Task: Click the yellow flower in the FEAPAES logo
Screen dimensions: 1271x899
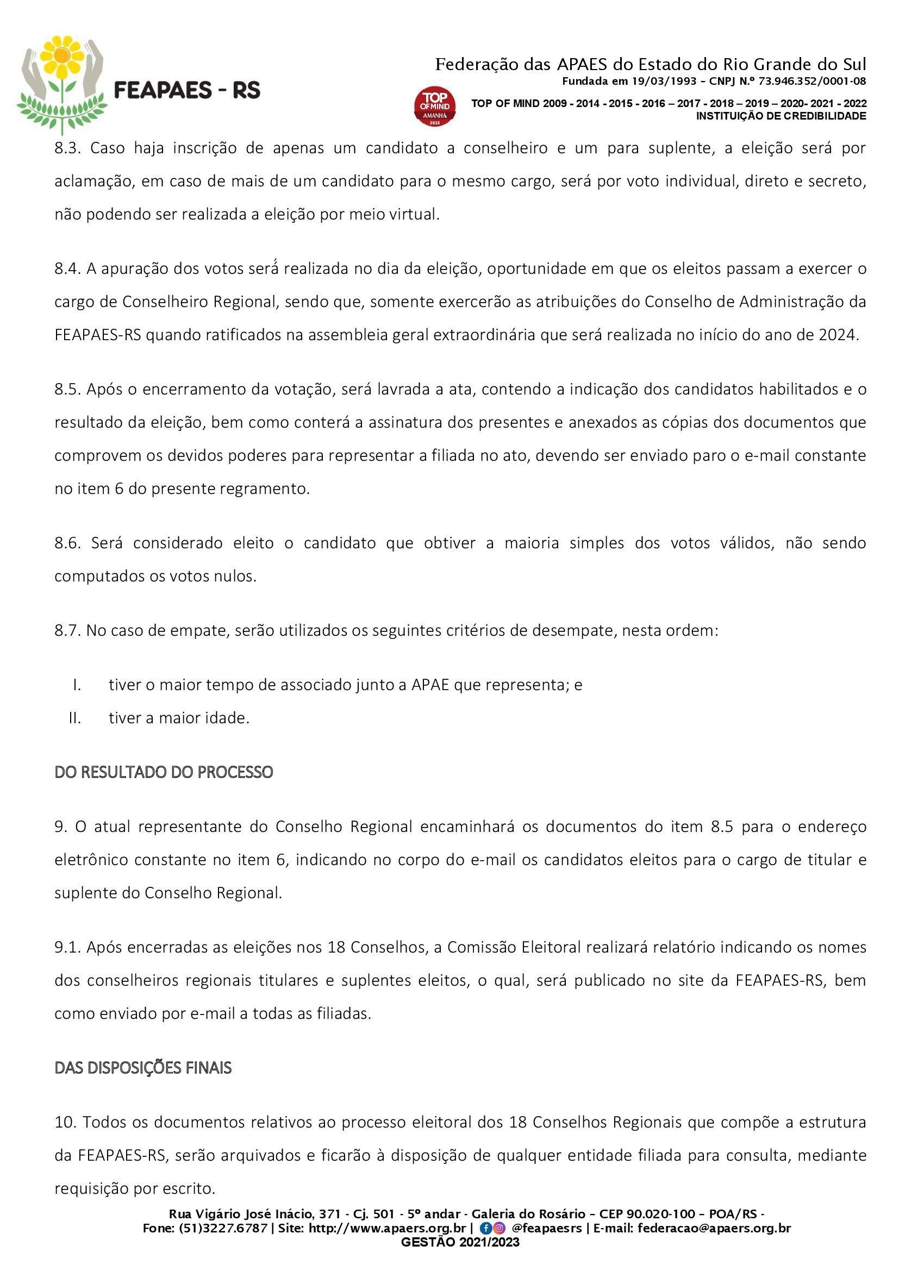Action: pos(63,57)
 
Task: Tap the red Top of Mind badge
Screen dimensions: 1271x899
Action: pos(435,106)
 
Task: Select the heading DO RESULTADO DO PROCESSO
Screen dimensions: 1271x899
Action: pos(164,772)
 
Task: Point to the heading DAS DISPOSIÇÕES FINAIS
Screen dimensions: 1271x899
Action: pos(143,1068)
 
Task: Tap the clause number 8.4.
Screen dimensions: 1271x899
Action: pos(67,269)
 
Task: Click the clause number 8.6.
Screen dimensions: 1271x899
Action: pos(67,543)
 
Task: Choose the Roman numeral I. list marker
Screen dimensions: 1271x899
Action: pos(77,685)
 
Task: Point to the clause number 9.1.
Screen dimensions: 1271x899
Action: pos(67,947)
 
